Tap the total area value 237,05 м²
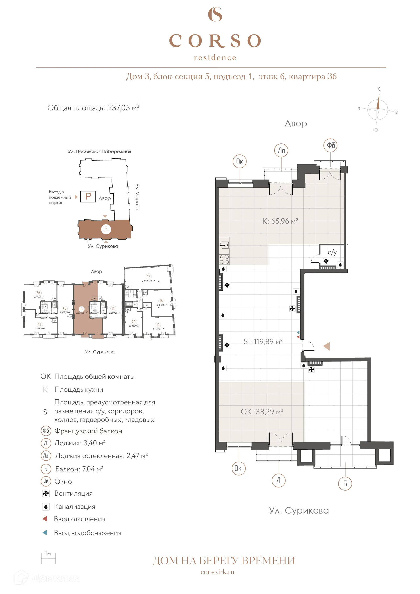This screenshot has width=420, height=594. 123,108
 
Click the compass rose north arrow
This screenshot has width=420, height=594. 378,102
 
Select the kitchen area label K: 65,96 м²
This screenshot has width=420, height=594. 280,221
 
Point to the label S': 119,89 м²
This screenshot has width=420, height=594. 263,341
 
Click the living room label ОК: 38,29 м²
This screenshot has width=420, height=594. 262,412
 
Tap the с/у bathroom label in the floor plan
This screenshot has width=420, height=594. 332,253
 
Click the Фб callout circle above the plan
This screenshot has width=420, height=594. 330,145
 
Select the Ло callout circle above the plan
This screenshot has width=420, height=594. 281,151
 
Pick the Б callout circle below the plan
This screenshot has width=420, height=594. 345,484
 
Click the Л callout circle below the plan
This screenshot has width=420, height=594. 279,481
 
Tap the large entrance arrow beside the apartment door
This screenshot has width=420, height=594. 327,346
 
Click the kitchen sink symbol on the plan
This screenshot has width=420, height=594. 224,245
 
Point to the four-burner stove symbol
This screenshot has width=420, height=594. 224,259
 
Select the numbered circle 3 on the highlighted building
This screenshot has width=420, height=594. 106,229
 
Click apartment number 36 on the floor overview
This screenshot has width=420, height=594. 81,309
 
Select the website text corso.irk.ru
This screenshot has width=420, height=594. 217,572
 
